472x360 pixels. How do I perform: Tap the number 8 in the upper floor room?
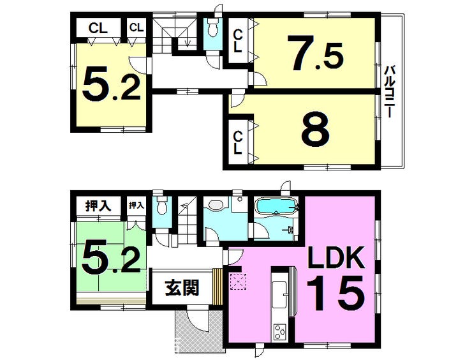316,131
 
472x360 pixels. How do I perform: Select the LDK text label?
336,259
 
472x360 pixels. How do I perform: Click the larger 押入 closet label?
99,206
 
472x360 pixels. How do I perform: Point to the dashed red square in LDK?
237,281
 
